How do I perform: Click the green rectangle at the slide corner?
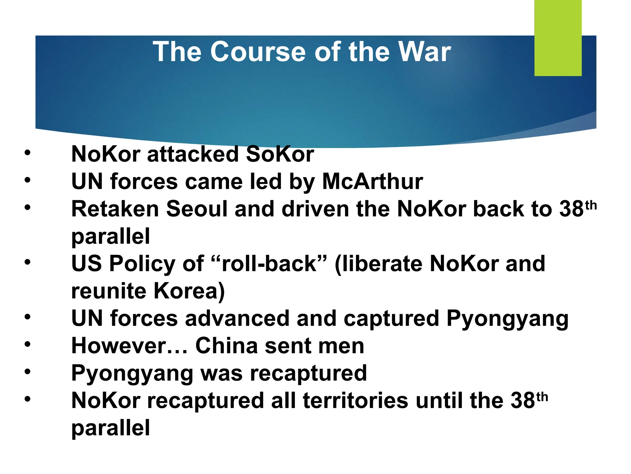tap(558, 38)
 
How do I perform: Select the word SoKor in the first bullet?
tap(280, 154)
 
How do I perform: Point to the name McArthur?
tap(372, 181)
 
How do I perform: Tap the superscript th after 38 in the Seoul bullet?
tap(591, 205)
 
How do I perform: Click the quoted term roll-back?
tap(269, 264)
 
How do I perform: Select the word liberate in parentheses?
tap(382, 264)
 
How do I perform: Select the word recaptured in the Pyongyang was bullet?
tap(308, 373)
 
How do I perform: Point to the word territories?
tap(356, 401)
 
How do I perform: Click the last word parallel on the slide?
tap(110, 428)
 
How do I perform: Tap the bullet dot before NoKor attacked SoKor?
tap(28, 153)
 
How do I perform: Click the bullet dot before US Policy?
tap(28, 262)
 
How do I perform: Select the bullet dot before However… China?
tap(28, 344)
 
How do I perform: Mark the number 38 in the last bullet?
tap(523, 401)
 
